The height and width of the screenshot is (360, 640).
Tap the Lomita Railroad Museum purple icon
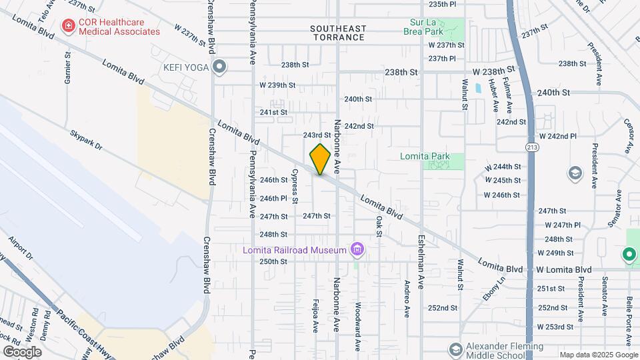358,250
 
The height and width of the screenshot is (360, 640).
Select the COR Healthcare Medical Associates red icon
67,27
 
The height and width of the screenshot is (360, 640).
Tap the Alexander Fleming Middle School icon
455,349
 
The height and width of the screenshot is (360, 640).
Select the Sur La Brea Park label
426,25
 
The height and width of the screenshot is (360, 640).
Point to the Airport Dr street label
21,247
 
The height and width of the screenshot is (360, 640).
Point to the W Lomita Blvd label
564,269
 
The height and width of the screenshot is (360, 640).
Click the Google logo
22,351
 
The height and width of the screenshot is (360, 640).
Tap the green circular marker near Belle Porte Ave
628,254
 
